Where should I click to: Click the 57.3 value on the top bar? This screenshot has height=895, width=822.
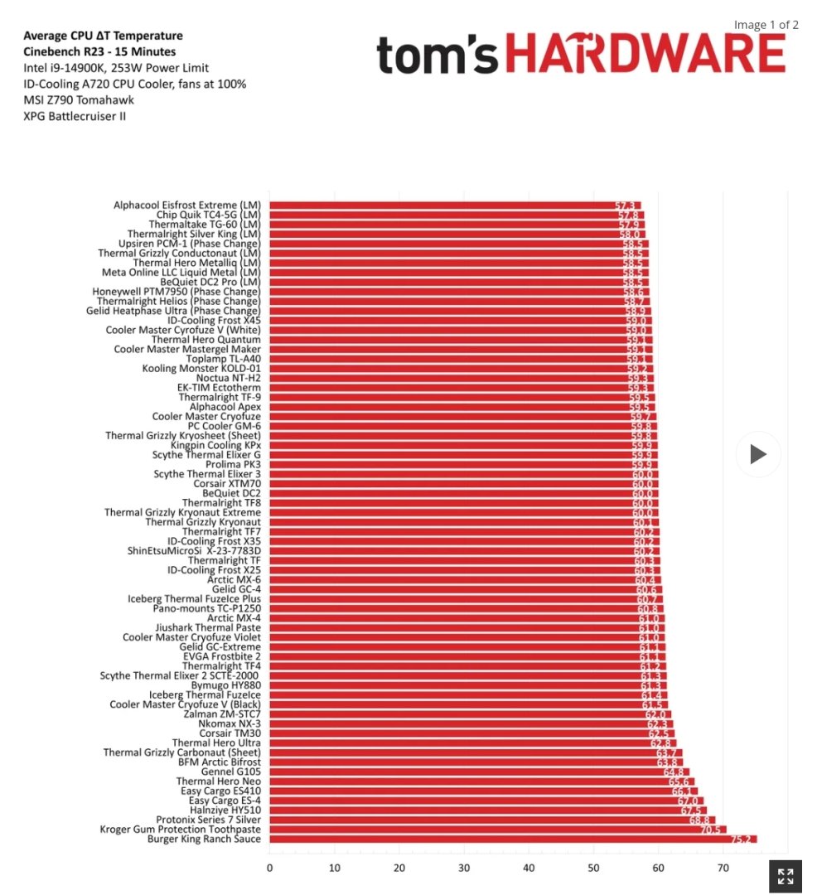coord(625,205)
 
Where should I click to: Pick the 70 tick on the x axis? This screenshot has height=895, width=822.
coord(723,868)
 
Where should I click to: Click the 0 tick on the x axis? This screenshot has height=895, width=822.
coord(269,868)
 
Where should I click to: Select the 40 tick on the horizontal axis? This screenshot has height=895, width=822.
coord(529,868)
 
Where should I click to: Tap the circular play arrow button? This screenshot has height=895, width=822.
coord(758,454)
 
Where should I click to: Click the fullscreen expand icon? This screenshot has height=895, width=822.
coord(786,877)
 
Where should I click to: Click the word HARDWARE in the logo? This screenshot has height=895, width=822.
coord(645,55)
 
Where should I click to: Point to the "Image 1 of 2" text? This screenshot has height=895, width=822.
coord(766,25)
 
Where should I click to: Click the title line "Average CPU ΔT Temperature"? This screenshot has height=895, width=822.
coord(103,36)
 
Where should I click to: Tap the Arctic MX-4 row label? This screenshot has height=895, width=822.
coord(234,618)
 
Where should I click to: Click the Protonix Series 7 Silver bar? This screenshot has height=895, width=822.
coord(492,820)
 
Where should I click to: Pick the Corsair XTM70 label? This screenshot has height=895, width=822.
coord(227,484)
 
